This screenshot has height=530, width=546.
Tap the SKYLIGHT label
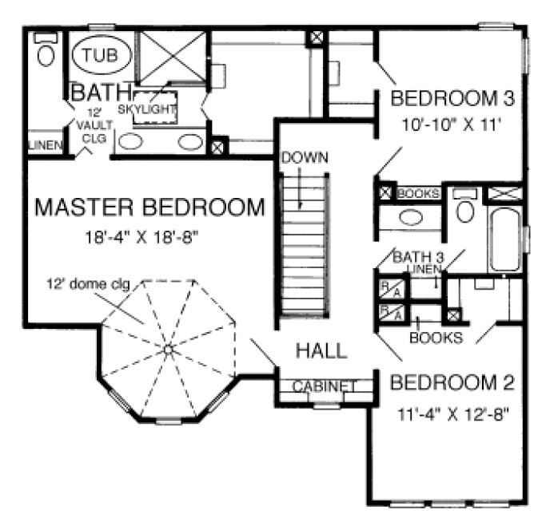coord(146,109)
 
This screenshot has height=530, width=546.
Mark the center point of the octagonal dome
coord(169,349)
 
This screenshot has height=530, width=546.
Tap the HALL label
coord(321,350)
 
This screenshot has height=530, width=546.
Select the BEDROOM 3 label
coord(452,99)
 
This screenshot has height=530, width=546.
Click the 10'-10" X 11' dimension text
coord(451,125)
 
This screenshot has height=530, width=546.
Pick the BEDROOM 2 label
coord(451,383)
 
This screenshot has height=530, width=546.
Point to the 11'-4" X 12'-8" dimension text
coord(452,413)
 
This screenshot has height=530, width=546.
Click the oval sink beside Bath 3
coord(412,216)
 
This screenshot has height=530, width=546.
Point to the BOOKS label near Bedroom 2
coord(435,337)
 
